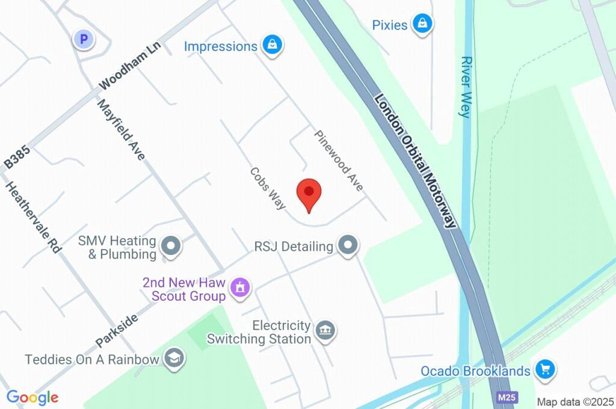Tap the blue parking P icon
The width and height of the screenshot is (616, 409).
84,40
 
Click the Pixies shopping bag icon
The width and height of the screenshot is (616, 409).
423,25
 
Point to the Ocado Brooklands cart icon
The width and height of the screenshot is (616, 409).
546,370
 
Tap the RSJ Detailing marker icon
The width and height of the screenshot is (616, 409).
348,245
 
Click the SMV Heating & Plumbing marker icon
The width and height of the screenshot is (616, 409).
172,246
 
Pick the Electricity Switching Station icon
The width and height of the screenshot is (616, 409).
325,330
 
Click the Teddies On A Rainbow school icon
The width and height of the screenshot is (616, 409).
174,358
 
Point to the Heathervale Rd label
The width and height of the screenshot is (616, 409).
34,217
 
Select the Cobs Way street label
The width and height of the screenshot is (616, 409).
268,188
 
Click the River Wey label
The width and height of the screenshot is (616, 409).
466,87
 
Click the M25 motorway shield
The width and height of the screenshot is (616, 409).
507,398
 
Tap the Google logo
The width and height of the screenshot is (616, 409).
32,397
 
